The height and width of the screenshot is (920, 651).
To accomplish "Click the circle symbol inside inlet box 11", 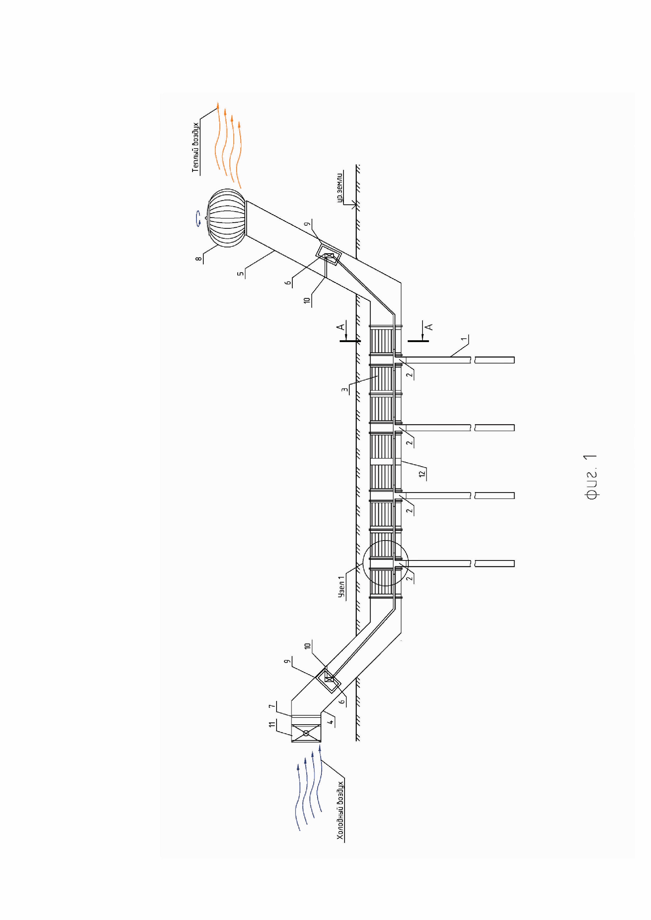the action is tap(306, 733).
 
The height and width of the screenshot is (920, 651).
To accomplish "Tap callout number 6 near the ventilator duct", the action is tap(288, 283).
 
